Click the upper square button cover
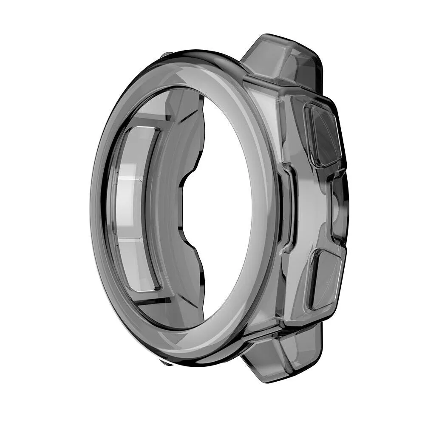point(322,135)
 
